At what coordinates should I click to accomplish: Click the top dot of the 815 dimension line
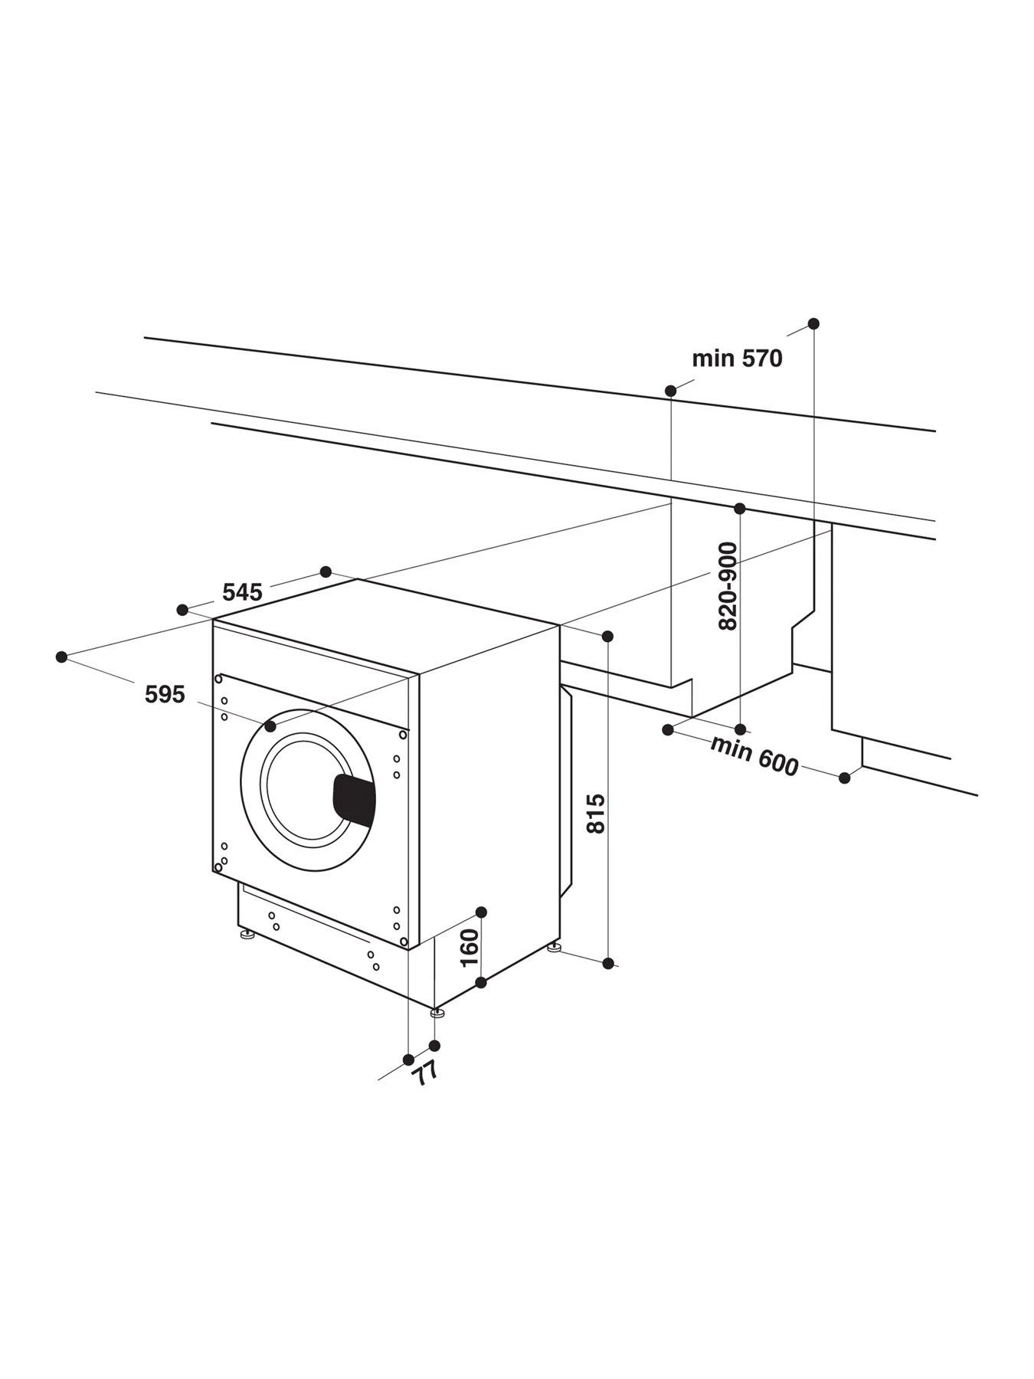[x=607, y=636]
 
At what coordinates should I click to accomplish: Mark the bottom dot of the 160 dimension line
[x=481, y=982]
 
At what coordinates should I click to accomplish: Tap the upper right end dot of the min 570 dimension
[x=813, y=323]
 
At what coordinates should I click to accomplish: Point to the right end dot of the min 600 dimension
[x=844, y=778]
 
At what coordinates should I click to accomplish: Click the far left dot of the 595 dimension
[x=62, y=657]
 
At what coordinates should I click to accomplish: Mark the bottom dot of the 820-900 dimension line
[x=740, y=729]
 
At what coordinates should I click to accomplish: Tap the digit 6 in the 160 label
[x=469, y=948]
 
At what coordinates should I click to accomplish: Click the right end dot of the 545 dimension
[x=326, y=572]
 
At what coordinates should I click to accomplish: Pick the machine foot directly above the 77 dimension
[x=437, y=1013]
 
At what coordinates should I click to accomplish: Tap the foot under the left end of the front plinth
[x=247, y=935]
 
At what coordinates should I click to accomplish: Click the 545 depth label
[x=242, y=592]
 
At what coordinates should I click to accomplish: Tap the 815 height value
[x=596, y=814]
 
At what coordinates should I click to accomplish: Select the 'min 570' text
[x=737, y=359]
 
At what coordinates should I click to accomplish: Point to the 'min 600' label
[x=754, y=755]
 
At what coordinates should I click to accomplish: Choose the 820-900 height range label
[x=728, y=586]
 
